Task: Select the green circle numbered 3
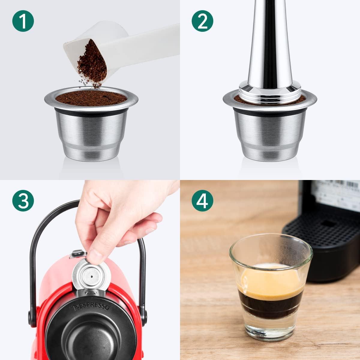point(23,201)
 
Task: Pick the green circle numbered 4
point(203,201)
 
